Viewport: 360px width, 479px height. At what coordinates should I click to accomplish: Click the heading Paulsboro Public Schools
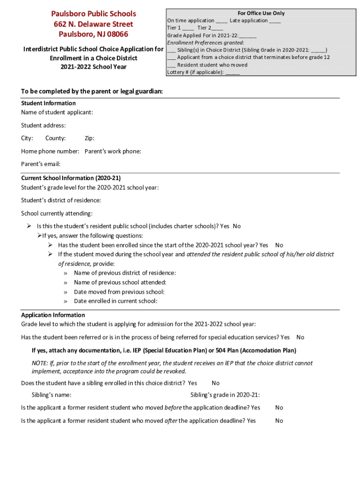click(x=94, y=14)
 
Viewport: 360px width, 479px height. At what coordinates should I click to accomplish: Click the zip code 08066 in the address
click(x=117, y=34)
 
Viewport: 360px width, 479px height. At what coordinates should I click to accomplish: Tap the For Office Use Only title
click(x=261, y=13)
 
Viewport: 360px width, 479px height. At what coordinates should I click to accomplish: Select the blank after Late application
click(x=275, y=21)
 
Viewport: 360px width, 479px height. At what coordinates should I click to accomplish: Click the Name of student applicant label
click(x=57, y=112)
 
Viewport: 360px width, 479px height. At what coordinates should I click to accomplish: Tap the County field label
click(x=55, y=138)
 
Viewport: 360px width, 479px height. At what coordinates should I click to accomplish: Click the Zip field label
click(x=89, y=138)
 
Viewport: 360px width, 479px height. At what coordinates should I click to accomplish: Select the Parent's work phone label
click(x=113, y=151)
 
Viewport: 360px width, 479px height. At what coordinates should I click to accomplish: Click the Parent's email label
click(x=41, y=164)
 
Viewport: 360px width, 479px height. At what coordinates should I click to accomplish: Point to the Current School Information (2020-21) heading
click(x=71, y=178)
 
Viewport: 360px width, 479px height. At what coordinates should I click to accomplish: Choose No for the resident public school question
click(x=237, y=226)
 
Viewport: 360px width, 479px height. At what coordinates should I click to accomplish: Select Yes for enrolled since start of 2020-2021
click(x=263, y=245)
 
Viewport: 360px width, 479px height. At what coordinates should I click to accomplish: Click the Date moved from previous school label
click(x=119, y=292)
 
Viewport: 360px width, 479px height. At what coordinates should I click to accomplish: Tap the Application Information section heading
click(x=53, y=315)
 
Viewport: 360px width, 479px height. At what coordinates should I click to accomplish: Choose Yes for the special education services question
click(x=285, y=337)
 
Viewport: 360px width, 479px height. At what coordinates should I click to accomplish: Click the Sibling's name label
click(x=51, y=395)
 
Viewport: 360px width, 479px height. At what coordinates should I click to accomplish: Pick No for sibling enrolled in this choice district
click(x=216, y=383)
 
